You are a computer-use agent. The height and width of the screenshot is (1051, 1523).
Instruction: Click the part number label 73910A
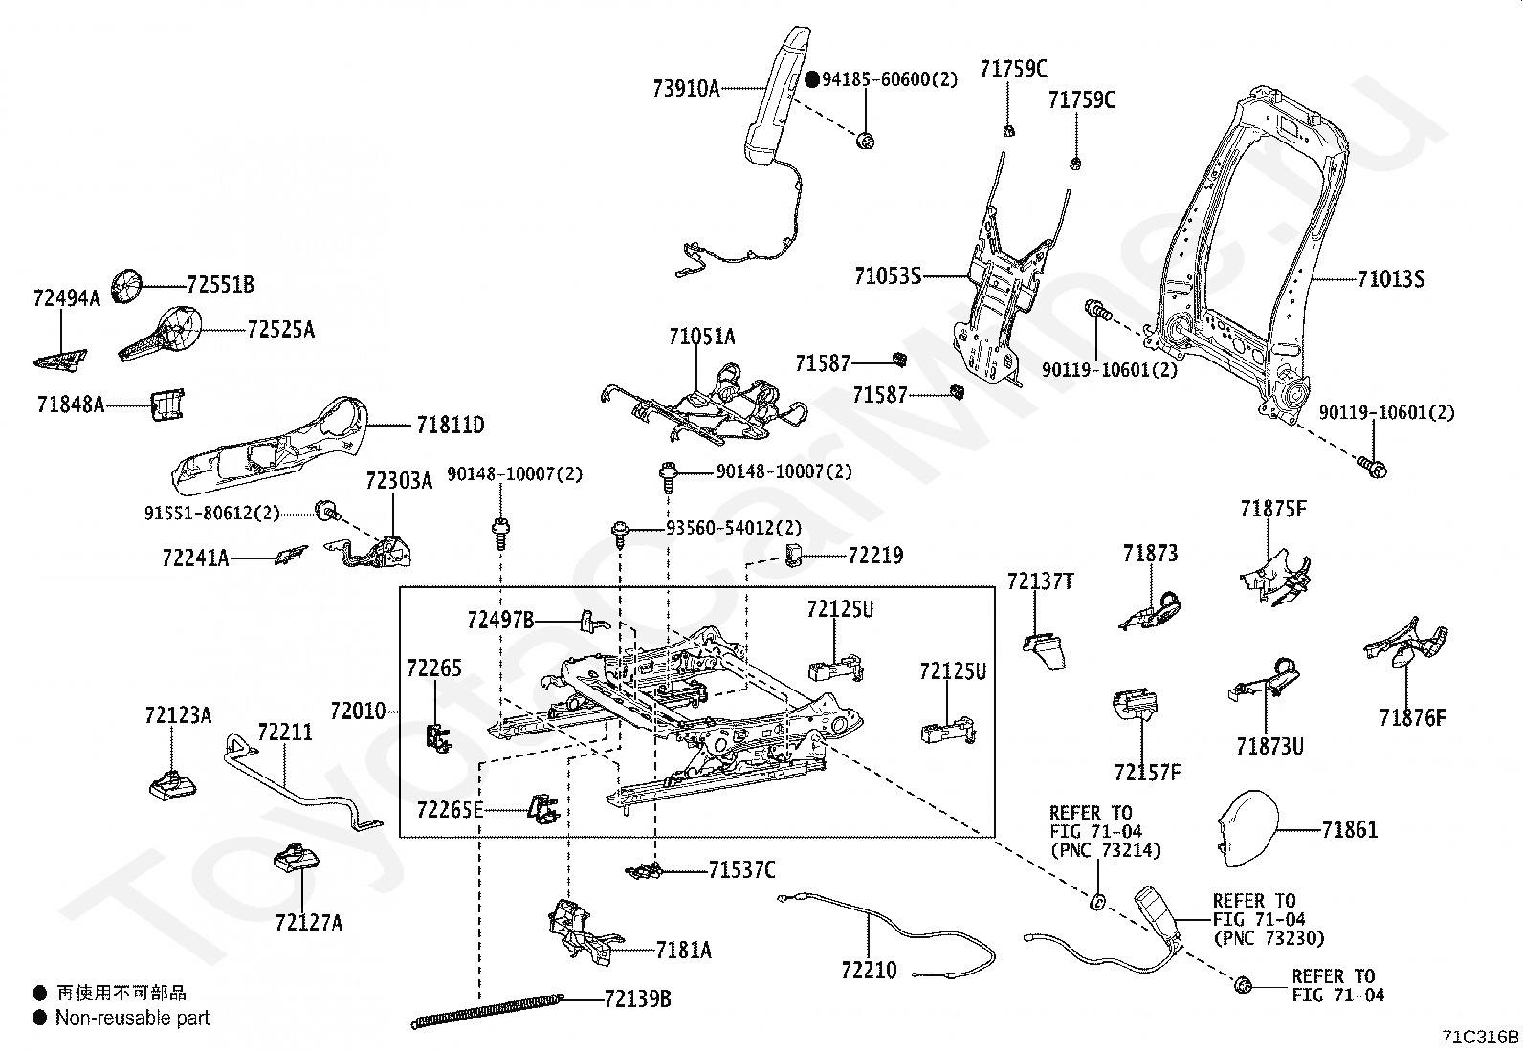tap(686, 89)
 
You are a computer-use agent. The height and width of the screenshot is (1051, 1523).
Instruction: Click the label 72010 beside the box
tap(358, 712)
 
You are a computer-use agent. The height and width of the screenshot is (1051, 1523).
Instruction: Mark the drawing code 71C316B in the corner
tap(1481, 1037)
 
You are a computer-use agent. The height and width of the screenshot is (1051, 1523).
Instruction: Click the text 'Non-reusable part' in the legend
tap(132, 1018)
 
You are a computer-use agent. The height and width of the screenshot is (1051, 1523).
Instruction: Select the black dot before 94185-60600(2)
tap(812, 80)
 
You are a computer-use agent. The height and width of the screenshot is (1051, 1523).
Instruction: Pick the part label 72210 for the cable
tap(869, 971)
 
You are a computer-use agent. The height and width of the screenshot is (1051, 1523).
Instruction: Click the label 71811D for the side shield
tap(450, 425)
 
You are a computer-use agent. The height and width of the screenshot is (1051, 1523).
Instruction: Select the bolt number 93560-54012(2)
tap(734, 528)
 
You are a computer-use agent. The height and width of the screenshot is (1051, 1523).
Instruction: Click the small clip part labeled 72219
tap(794, 554)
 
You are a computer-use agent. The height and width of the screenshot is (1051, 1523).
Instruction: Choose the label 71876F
tap(1412, 717)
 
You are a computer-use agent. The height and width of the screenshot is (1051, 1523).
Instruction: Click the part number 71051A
tap(702, 337)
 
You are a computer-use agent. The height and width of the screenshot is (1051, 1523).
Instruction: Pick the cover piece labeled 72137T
tap(1043, 649)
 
